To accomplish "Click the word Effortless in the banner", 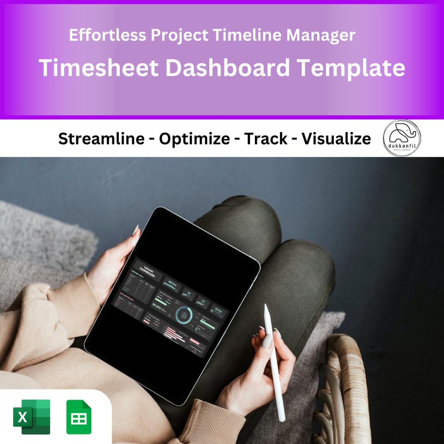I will click(x=107, y=35).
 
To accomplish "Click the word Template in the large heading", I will click(x=351, y=68).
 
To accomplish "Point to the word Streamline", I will click(x=101, y=139).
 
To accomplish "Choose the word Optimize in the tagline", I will click(x=194, y=139).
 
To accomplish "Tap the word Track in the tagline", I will click(x=266, y=139).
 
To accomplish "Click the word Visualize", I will click(x=336, y=139).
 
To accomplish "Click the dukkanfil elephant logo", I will click(x=402, y=138).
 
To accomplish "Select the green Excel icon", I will click(x=32, y=417).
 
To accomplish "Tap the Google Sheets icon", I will click(x=79, y=417).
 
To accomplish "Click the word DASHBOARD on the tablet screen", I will click(x=147, y=272).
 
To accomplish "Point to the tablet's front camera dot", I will click(x=208, y=236).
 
